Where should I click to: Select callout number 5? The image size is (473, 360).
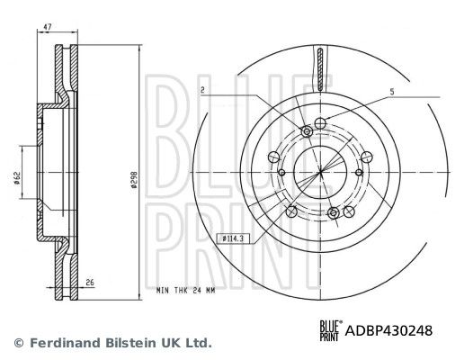tap(392, 91)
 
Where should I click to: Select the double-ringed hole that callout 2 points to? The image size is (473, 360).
tap(308, 133)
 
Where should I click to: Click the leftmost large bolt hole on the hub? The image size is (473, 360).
tap(281, 173)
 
